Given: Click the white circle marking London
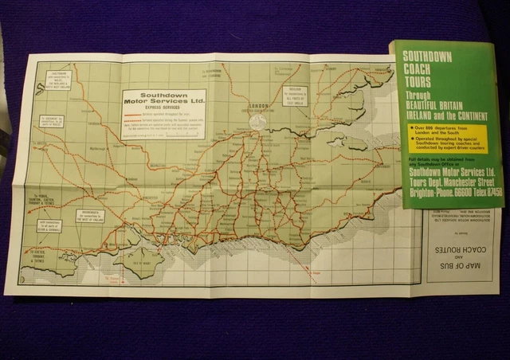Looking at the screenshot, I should [x=257, y=121].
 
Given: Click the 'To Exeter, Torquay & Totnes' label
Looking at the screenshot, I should [x=41, y=255].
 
